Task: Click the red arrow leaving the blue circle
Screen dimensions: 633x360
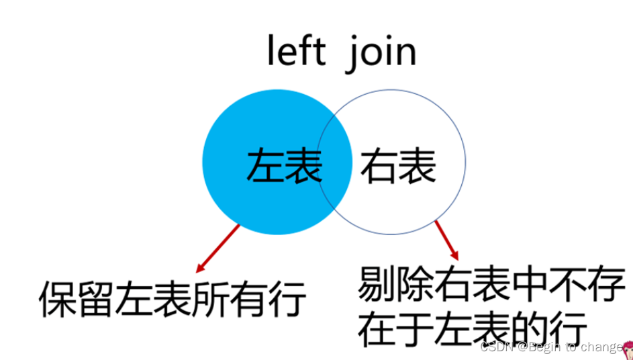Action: [217, 249]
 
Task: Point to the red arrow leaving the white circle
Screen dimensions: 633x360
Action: [446, 240]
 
